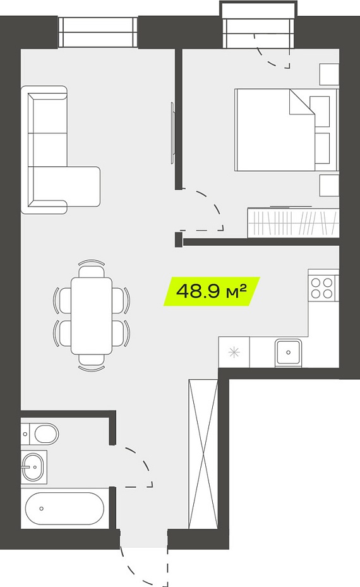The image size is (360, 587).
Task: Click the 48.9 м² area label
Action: tap(212, 291)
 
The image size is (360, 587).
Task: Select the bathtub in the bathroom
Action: tap(64, 508)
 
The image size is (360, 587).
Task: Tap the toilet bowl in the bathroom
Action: tap(40, 433)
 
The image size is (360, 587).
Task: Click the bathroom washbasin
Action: tap(33, 467)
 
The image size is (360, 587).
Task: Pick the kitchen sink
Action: tap(288, 353)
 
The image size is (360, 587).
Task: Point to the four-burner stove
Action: tap(323, 287)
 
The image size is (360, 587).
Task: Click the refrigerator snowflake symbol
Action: tap(234, 353)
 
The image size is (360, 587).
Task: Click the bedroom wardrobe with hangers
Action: tap(293, 222)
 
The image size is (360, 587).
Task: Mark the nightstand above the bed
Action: tap(329, 74)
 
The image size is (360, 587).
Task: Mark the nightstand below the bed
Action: tap(329, 185)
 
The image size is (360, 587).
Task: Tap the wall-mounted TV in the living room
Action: tap(172, 133)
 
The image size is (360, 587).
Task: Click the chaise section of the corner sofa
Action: tap(66, 186)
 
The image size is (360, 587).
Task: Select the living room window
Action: tap(98, 32)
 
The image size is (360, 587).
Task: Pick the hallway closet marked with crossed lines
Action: tap(203, 454)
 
